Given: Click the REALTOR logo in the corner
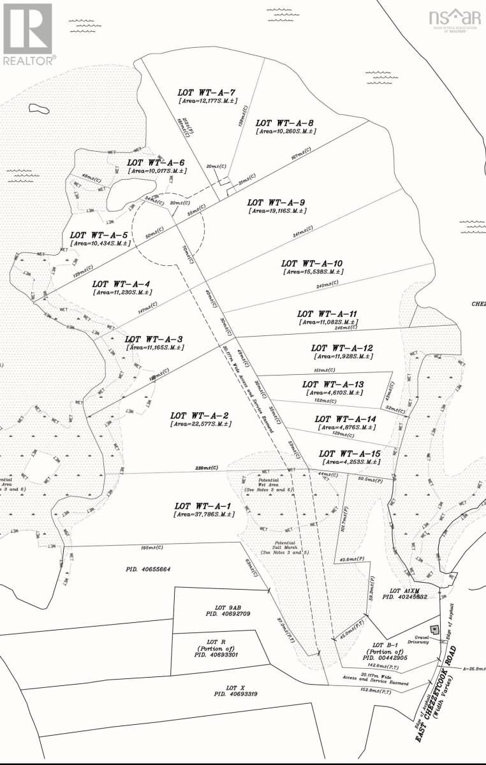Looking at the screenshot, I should (x=28, y=33).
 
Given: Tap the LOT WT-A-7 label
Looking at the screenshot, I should (x=207, y=92).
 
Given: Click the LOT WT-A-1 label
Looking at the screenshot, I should (x=200, y=505).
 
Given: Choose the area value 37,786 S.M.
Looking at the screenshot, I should (x=200, y=514).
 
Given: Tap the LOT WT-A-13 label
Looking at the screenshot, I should (x=333, y=384).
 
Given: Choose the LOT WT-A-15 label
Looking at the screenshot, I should (x=350, y=453).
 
